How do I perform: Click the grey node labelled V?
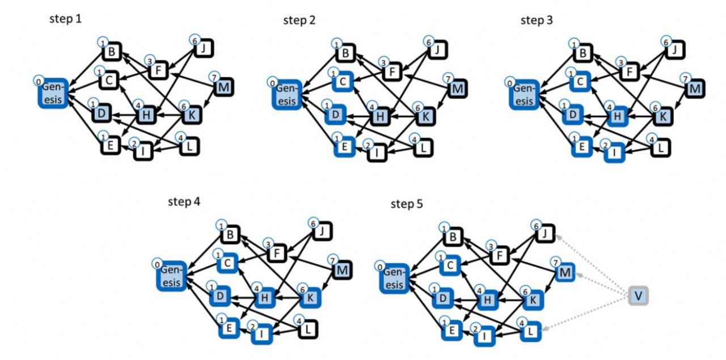click(638, 296)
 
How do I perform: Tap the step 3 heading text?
click(537, 20)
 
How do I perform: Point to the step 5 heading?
click(407, 204)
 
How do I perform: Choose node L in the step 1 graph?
click(187, 147)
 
